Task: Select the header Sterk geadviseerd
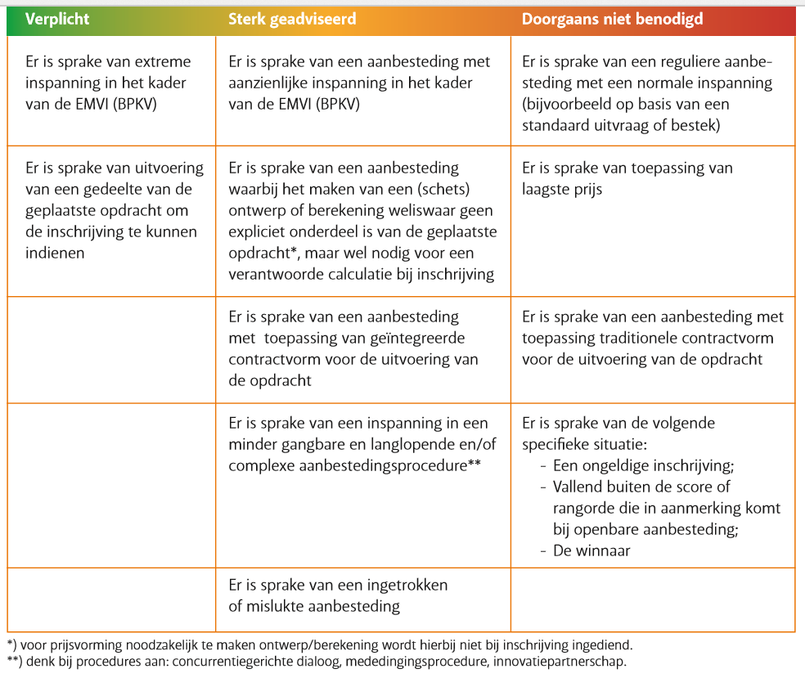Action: click(292, 18)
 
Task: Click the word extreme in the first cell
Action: click(164, 62)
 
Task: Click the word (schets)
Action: click(440, 189)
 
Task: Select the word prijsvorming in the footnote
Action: click(79, 644)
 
